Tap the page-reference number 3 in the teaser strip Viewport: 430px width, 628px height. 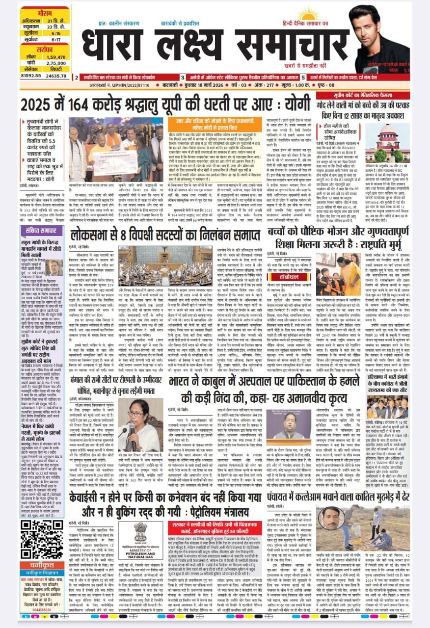pos(183,78)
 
